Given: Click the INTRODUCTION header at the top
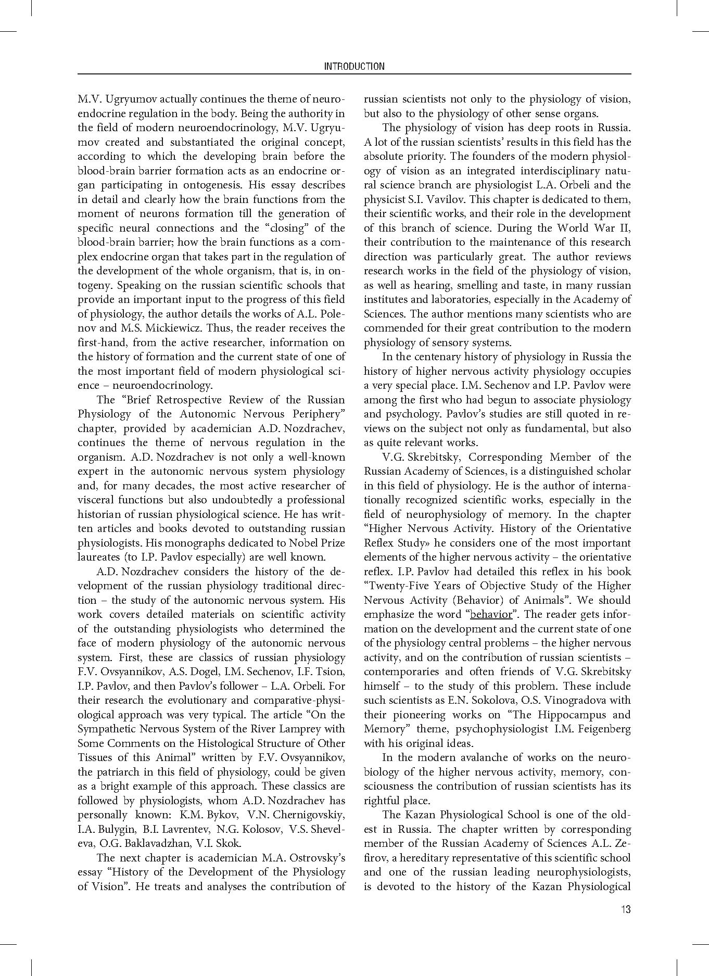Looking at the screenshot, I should (x=354, y=66).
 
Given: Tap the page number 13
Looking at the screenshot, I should (x=625, y=909).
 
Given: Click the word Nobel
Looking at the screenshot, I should (x=291, y=543).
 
